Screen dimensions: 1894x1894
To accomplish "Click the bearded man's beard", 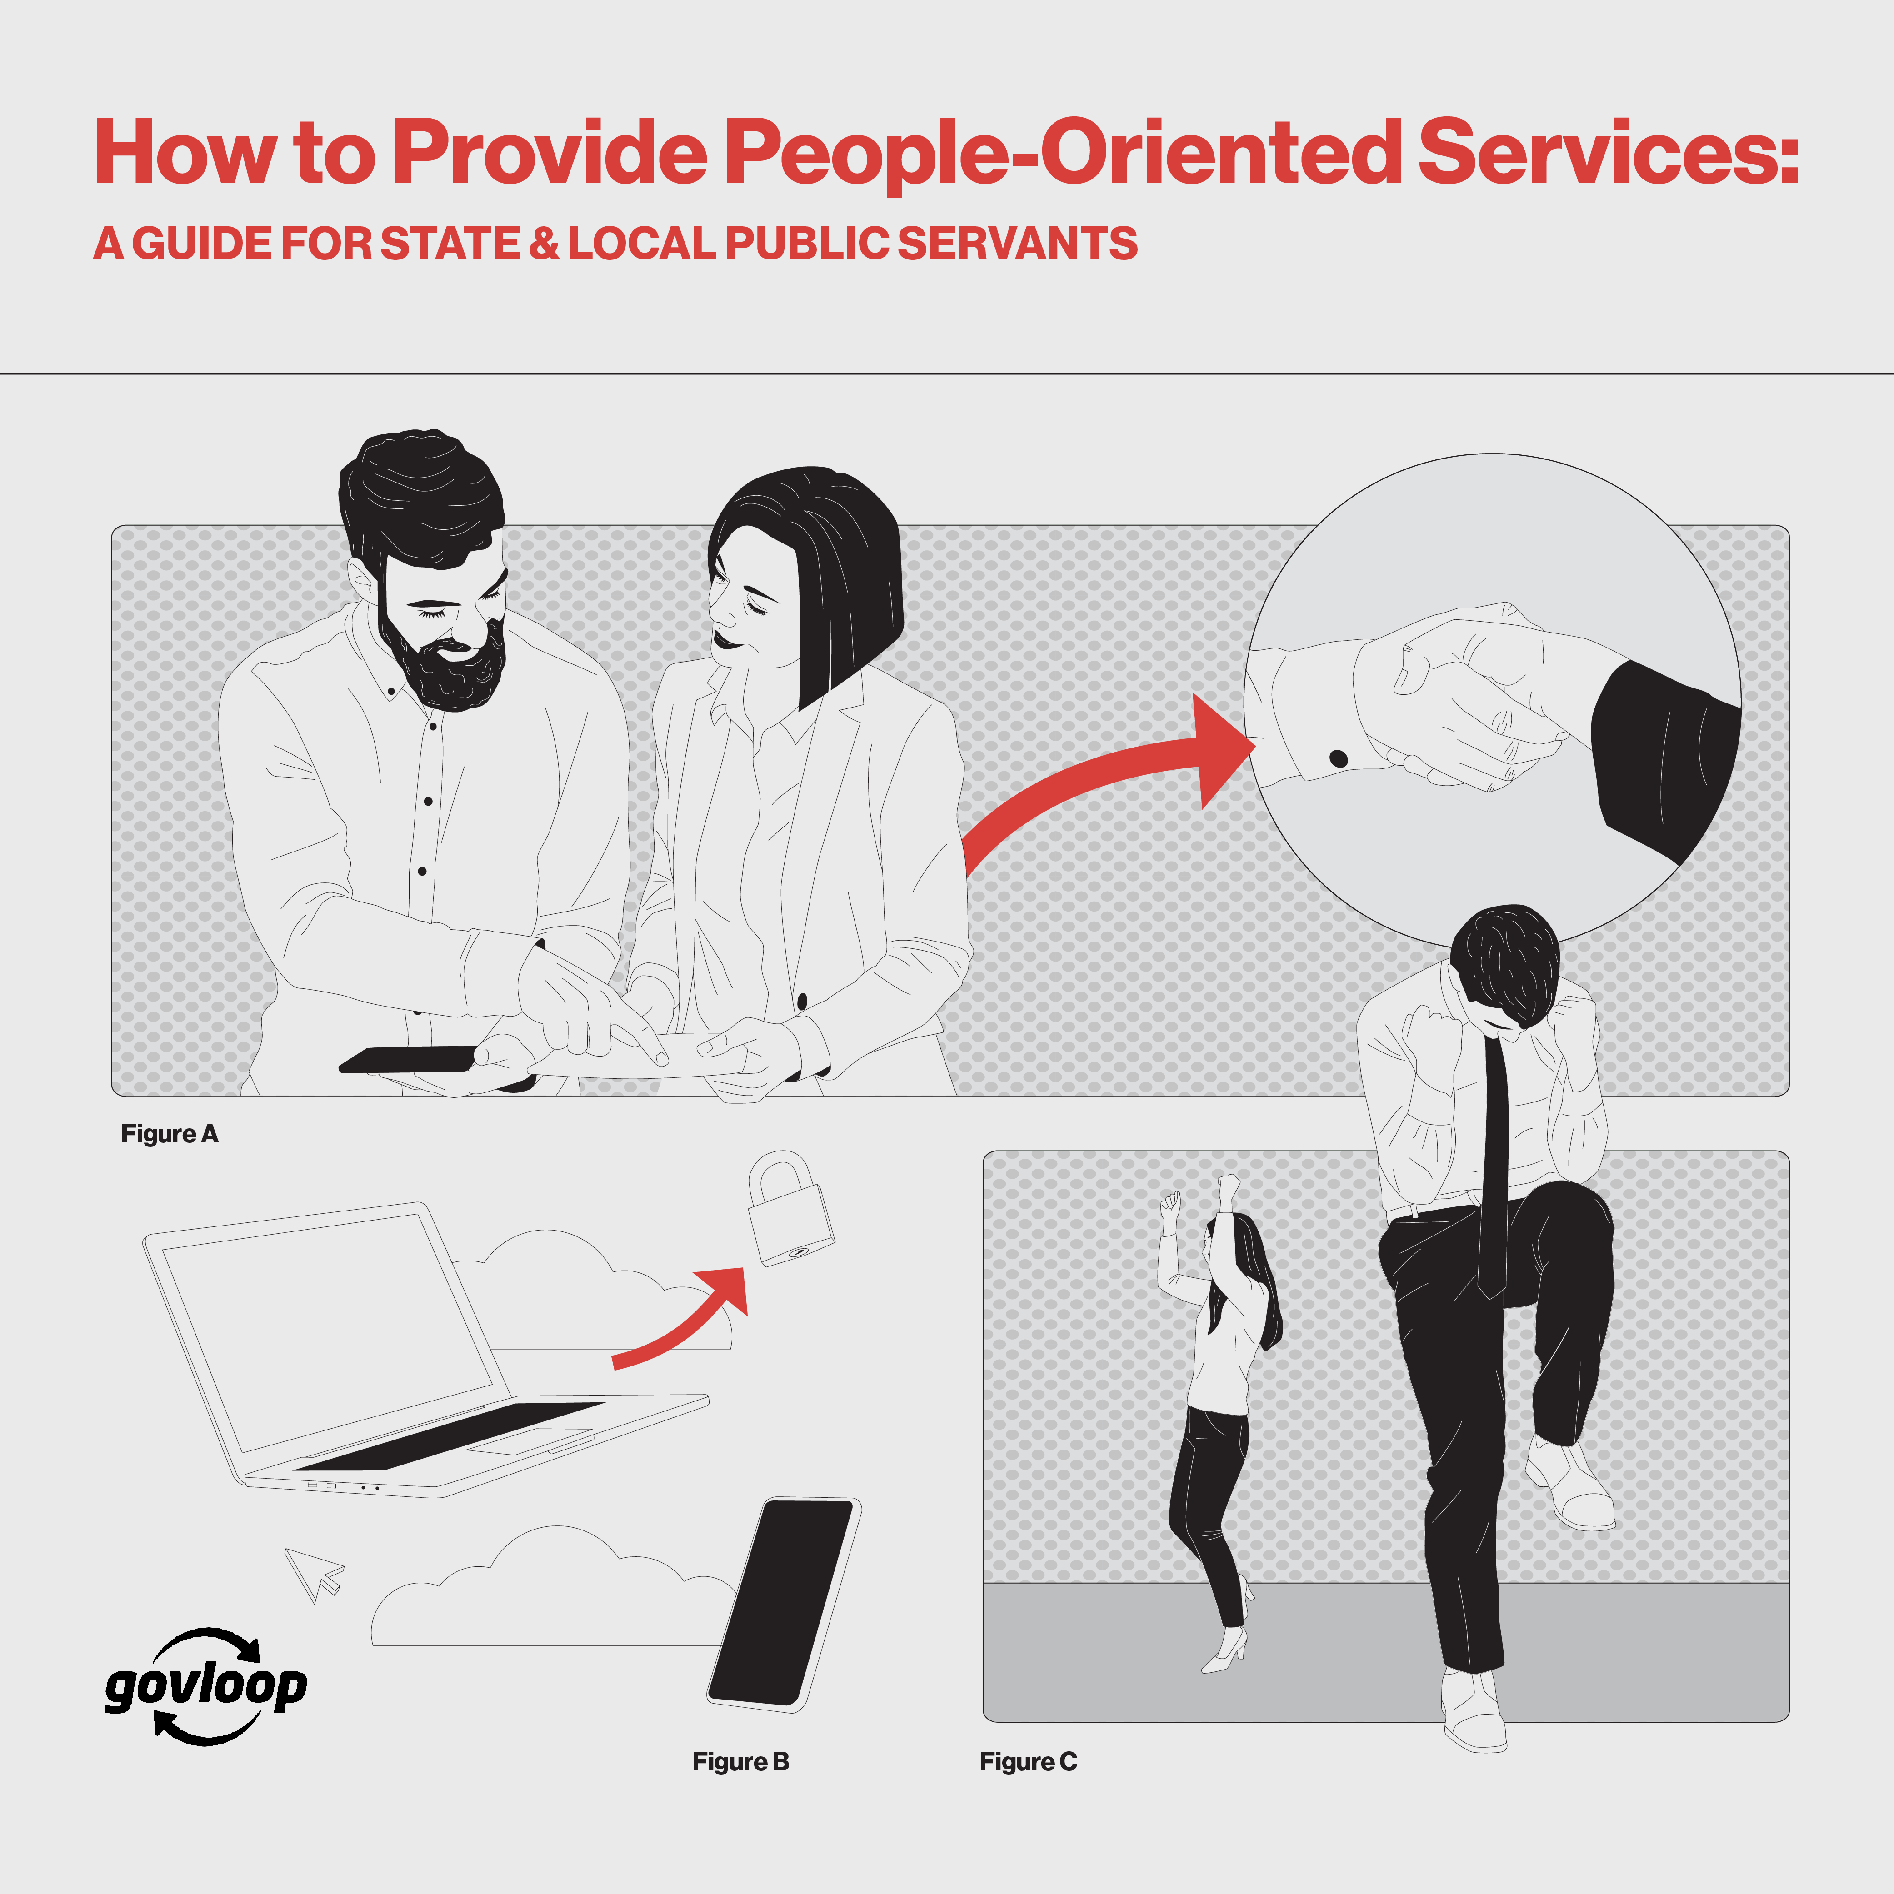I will (446, 667).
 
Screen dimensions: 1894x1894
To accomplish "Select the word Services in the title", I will (1608, 152).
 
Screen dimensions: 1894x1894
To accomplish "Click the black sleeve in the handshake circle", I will (1657, 755).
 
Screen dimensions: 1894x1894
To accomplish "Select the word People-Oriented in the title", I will (1064, 152).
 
